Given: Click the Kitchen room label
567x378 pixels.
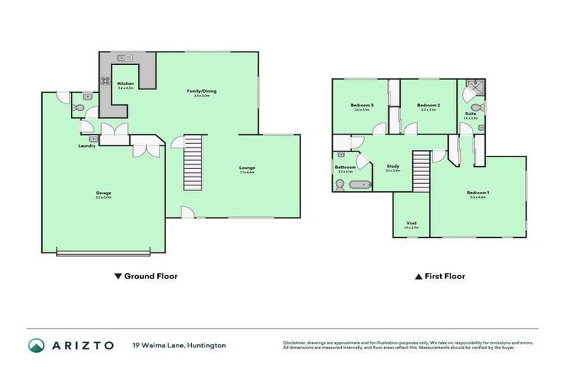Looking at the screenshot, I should [x=126, y=83].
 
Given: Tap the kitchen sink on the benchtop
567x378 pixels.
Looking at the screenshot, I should [x=124, y=58].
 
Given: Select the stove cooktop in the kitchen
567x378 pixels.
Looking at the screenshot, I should [x=106, y=81].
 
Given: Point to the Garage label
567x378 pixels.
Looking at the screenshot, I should [x=103, y=193].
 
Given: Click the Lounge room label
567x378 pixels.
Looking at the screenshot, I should [x=247, y=168].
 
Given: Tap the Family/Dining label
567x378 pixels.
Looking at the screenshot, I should [x=201, y=91].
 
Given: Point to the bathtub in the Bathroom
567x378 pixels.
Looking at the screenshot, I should [x=362, y=184].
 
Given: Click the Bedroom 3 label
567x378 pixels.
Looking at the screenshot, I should [x=361, y=106].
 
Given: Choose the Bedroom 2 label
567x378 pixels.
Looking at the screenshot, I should [x=428, y=106].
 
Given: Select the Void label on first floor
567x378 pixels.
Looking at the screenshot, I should [x=411, y=223].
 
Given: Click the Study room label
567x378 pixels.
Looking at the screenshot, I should [x=393, y=166].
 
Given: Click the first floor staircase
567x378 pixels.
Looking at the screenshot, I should [x=421, y=171].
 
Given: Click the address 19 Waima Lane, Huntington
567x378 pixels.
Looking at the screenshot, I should [x=179, y=345].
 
